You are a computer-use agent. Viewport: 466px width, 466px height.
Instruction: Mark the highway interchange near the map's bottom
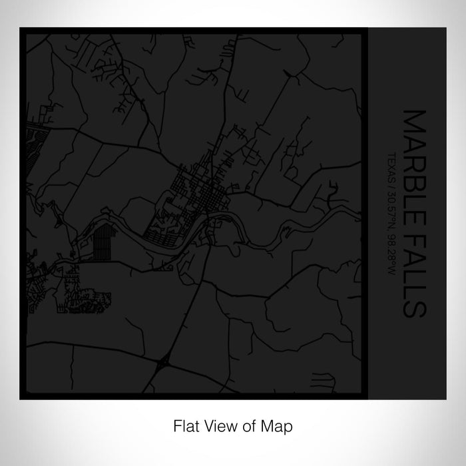click(164, 363)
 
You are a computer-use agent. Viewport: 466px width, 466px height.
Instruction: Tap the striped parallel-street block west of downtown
click(100, 239)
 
